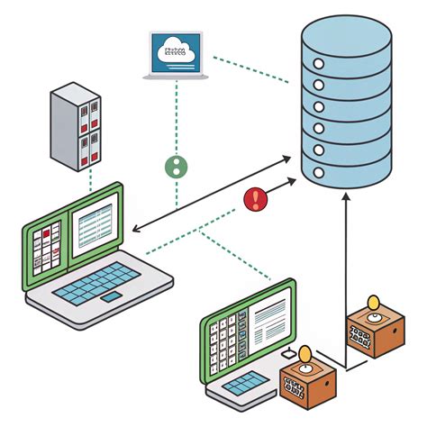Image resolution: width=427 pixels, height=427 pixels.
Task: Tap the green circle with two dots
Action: click(177, 166)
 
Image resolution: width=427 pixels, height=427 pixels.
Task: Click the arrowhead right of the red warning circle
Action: click(293, 181)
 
